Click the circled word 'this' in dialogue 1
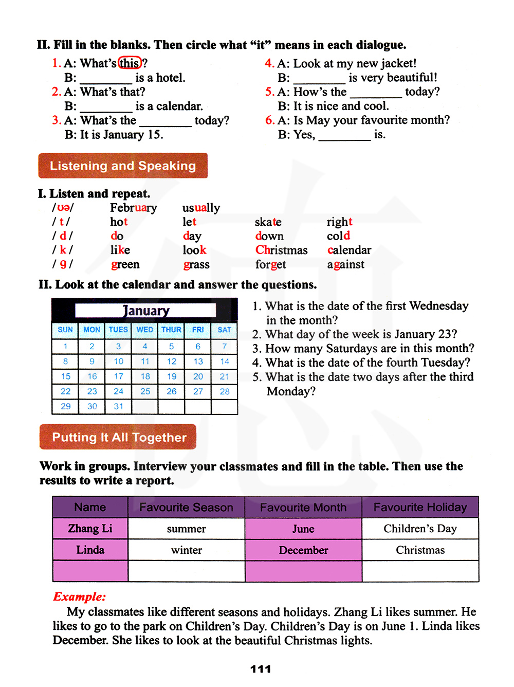(x=130, y=63)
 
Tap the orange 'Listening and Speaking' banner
(x=123, y=166)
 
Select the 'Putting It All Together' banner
(x=118, y=437)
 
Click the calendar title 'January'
(x=145, y=311)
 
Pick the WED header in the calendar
(x=145, y=330)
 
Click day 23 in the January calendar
(x=92, y=391)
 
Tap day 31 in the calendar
(x=119, y=406)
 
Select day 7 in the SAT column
(x=225, y=346)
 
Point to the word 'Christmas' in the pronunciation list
(x=281, y=250)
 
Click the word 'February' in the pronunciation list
(x=133, y=208)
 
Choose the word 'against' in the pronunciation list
(x=345, y=264)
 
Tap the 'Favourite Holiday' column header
(x=420, y=508)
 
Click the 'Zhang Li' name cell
(x=90, y=529)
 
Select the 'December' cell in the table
(x=303, y=550)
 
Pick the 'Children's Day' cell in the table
(x=420, y=529)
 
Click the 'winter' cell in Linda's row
(x=186, y=550)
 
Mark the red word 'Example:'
(x=79, y=596)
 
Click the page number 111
(x=261, y=669)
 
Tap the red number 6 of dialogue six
(x=269, y=120)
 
